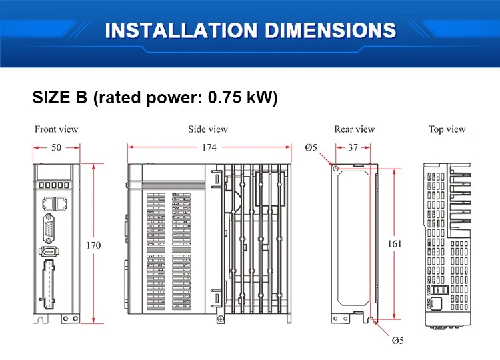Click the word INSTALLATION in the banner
pyautogui.click(x=181, y=30)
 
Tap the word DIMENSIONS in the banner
pyautogui.click(x=331, y=30)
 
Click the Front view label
pyautogui.click(x=57, y=129)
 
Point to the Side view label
pyautogui.click(x=208, y=129)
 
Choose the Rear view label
pyautogui.click(x=354, y=129)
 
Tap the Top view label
pyautogui.click(x=447, y=129)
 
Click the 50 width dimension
pyautogui.click(x=57, y=147)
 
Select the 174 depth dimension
pyautogui.click(x=209, y=147)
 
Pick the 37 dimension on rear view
pyautogui.click(x=353, y=147)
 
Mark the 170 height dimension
pyautogui.click(x=93, y=245)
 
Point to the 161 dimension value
pyautogui.click(x=395, y=244)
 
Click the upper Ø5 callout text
pyautogui.click(x=311, y=147)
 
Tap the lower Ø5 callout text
pyautogui.click(x=397, y=341)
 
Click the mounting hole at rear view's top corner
pyautogui.click(x=335, y=168)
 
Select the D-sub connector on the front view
pyautogui.click(x=49, y=228)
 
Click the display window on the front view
pyautogui.click(x=54, y=172)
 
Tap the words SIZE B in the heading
pyautogui.click(x=59, y=97)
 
